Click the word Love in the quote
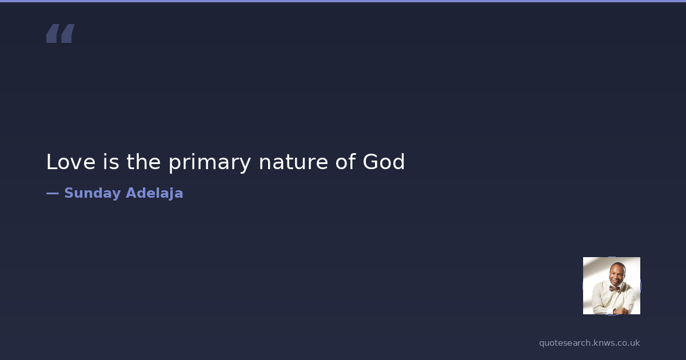(71, 162)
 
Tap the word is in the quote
(111, 162)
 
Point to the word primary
(210, 163)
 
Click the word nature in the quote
(293, 162)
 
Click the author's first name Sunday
(93, 194)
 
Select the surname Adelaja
(155, 194)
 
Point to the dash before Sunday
(53, 194)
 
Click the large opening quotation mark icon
(61, 33)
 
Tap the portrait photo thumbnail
(612, 286)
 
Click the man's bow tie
(615, 289)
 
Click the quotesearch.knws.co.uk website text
(589, 343)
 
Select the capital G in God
(371, 162)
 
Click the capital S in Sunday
(69, 193)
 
